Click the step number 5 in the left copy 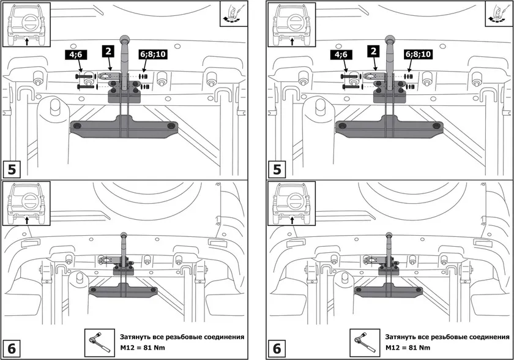pyautogui.click(x=12, y=170)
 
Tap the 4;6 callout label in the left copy pyautogui.click(x=76, y=55)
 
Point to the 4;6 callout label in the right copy pyautogui.click(x=341, y=55)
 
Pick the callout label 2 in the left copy pyautogui.click(x=108, y=51)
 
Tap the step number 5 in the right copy pyautogui.click(x=277, y=170)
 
